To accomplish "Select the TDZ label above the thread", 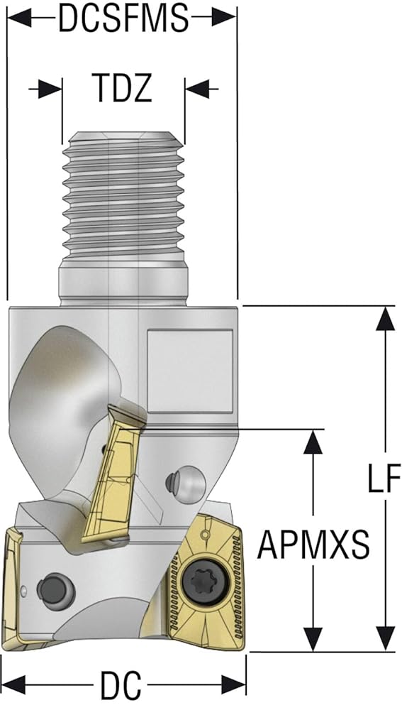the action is coord(121,88).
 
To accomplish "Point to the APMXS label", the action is coord(313,545).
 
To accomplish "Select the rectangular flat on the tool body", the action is coord(190,371).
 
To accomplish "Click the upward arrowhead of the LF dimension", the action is coord(385,318).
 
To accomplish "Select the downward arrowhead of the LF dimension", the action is coord(385,639).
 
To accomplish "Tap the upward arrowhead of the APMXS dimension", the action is coord(313,442).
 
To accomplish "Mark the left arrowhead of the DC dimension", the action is coord(13,684).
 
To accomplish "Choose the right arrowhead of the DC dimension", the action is coord(233,684).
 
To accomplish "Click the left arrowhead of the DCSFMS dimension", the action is coord(19,18).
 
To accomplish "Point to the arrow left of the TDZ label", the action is coord(45,89).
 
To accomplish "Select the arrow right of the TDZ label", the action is coord(201,89).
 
